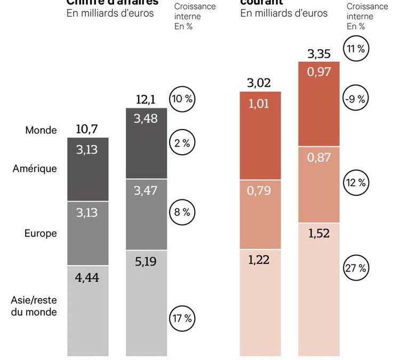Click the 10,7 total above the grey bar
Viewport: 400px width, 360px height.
tap(87, 129)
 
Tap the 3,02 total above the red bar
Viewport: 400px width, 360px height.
tap(259, 83)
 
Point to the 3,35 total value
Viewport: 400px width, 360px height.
tap(318, 53)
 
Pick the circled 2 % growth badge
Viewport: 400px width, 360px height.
tap(182, 142)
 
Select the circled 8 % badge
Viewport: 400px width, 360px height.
tap(182, 212)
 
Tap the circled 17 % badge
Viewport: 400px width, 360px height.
tap(182, 319)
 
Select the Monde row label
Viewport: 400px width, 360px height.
tap(41, 130)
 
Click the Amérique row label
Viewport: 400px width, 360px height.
tap(35, 169)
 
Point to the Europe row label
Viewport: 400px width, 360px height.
tap(41, 233)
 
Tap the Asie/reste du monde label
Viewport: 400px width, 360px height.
tap(34, 306)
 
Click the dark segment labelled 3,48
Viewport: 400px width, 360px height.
tap(146, 143)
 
